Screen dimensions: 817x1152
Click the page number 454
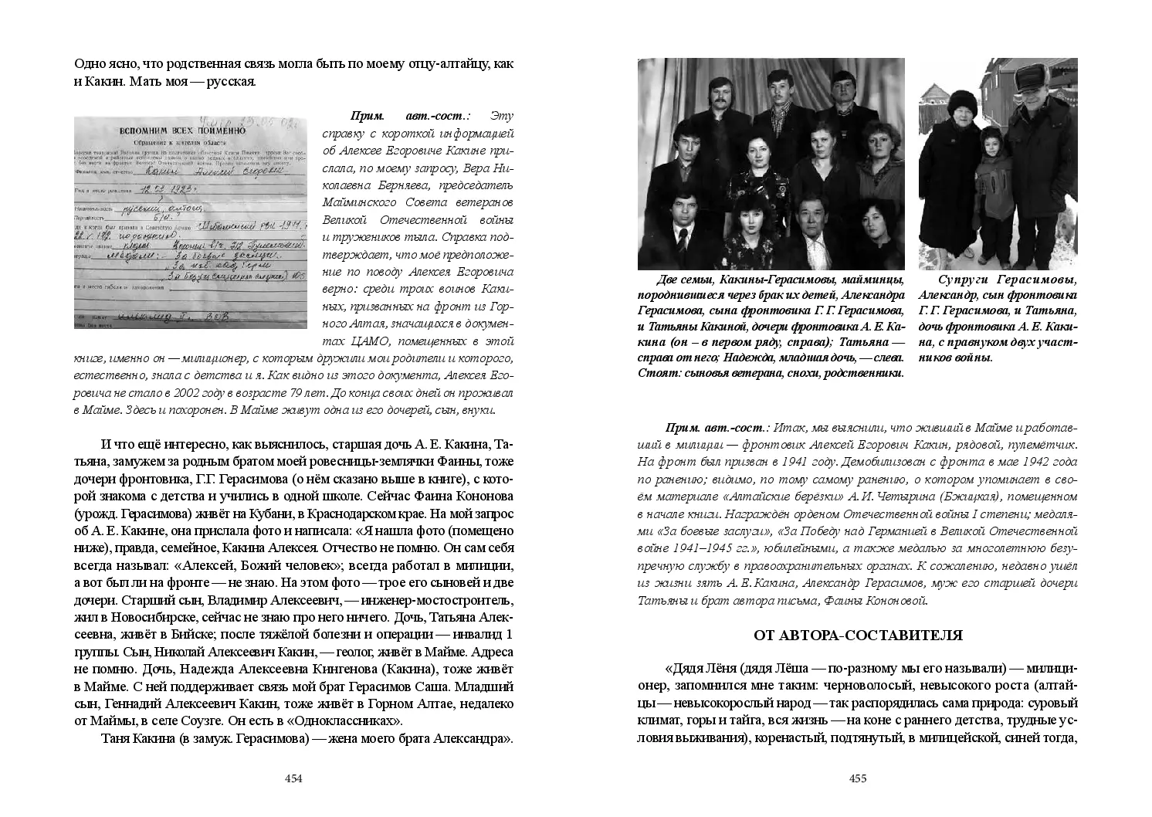[293, 778]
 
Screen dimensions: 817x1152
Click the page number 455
[858, 778]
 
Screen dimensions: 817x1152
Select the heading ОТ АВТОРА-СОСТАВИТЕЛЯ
[858, 636]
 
